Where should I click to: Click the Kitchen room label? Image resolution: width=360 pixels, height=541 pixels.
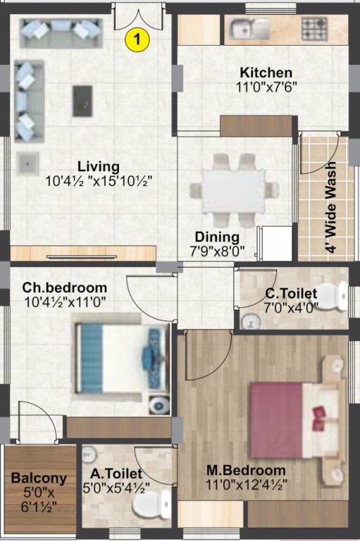(x=266, y=73)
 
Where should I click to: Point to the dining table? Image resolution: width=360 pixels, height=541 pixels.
(x=233, y=188)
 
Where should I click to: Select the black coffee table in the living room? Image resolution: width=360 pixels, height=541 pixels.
(x=82, y=101)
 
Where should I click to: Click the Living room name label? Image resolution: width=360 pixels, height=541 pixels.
(x=99, y=166)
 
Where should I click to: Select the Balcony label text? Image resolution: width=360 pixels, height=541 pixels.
(x=39, y=478)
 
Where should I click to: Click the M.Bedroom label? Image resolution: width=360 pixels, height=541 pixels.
(x=246, y=470)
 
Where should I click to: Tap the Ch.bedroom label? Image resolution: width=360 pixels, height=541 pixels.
(x=65, y=287)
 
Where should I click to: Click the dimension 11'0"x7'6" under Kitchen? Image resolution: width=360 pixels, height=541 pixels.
(x=266, y=87)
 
